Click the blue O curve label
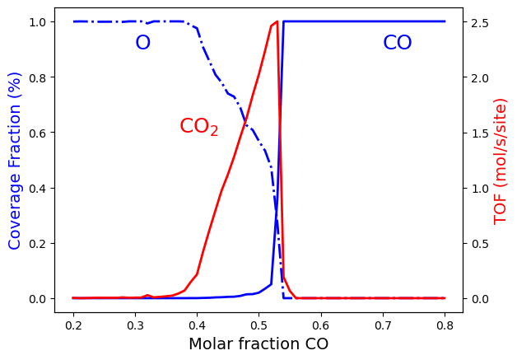click(142, 43)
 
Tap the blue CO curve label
click(397, 43)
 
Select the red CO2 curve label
click(198, 127)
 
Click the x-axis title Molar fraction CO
click(258, 344)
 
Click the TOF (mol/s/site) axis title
click(501, 160)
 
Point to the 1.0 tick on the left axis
click(38, 21)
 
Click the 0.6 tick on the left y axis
click(38, 133)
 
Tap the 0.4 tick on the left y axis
click(38, 188)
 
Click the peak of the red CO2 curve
click(277, 21)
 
